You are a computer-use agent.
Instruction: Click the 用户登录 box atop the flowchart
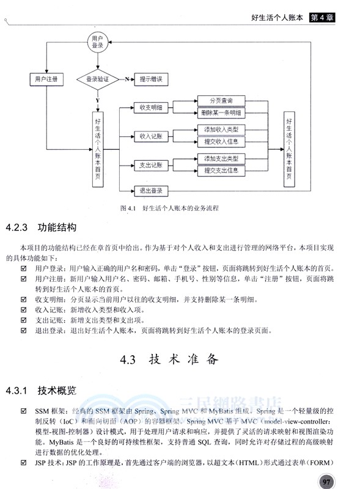[97, 42]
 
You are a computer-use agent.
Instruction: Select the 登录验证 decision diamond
[98, 79]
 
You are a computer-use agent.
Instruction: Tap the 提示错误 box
[150, 79]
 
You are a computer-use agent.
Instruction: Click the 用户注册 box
[46, 79]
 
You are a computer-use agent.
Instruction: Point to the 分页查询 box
[221, 101]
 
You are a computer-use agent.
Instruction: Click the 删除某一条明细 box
[221, 113]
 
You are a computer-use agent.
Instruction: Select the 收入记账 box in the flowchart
[150, 136]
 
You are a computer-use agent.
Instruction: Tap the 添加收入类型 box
[221, 130]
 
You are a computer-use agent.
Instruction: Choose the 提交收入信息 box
[221, 142]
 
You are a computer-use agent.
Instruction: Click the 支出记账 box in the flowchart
[150, 165]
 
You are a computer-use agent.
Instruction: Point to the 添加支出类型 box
[221, 159]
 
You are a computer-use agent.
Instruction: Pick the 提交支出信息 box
[221, 171]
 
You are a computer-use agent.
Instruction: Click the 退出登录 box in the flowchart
[150, 191]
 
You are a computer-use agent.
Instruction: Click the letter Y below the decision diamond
[98, 99]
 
